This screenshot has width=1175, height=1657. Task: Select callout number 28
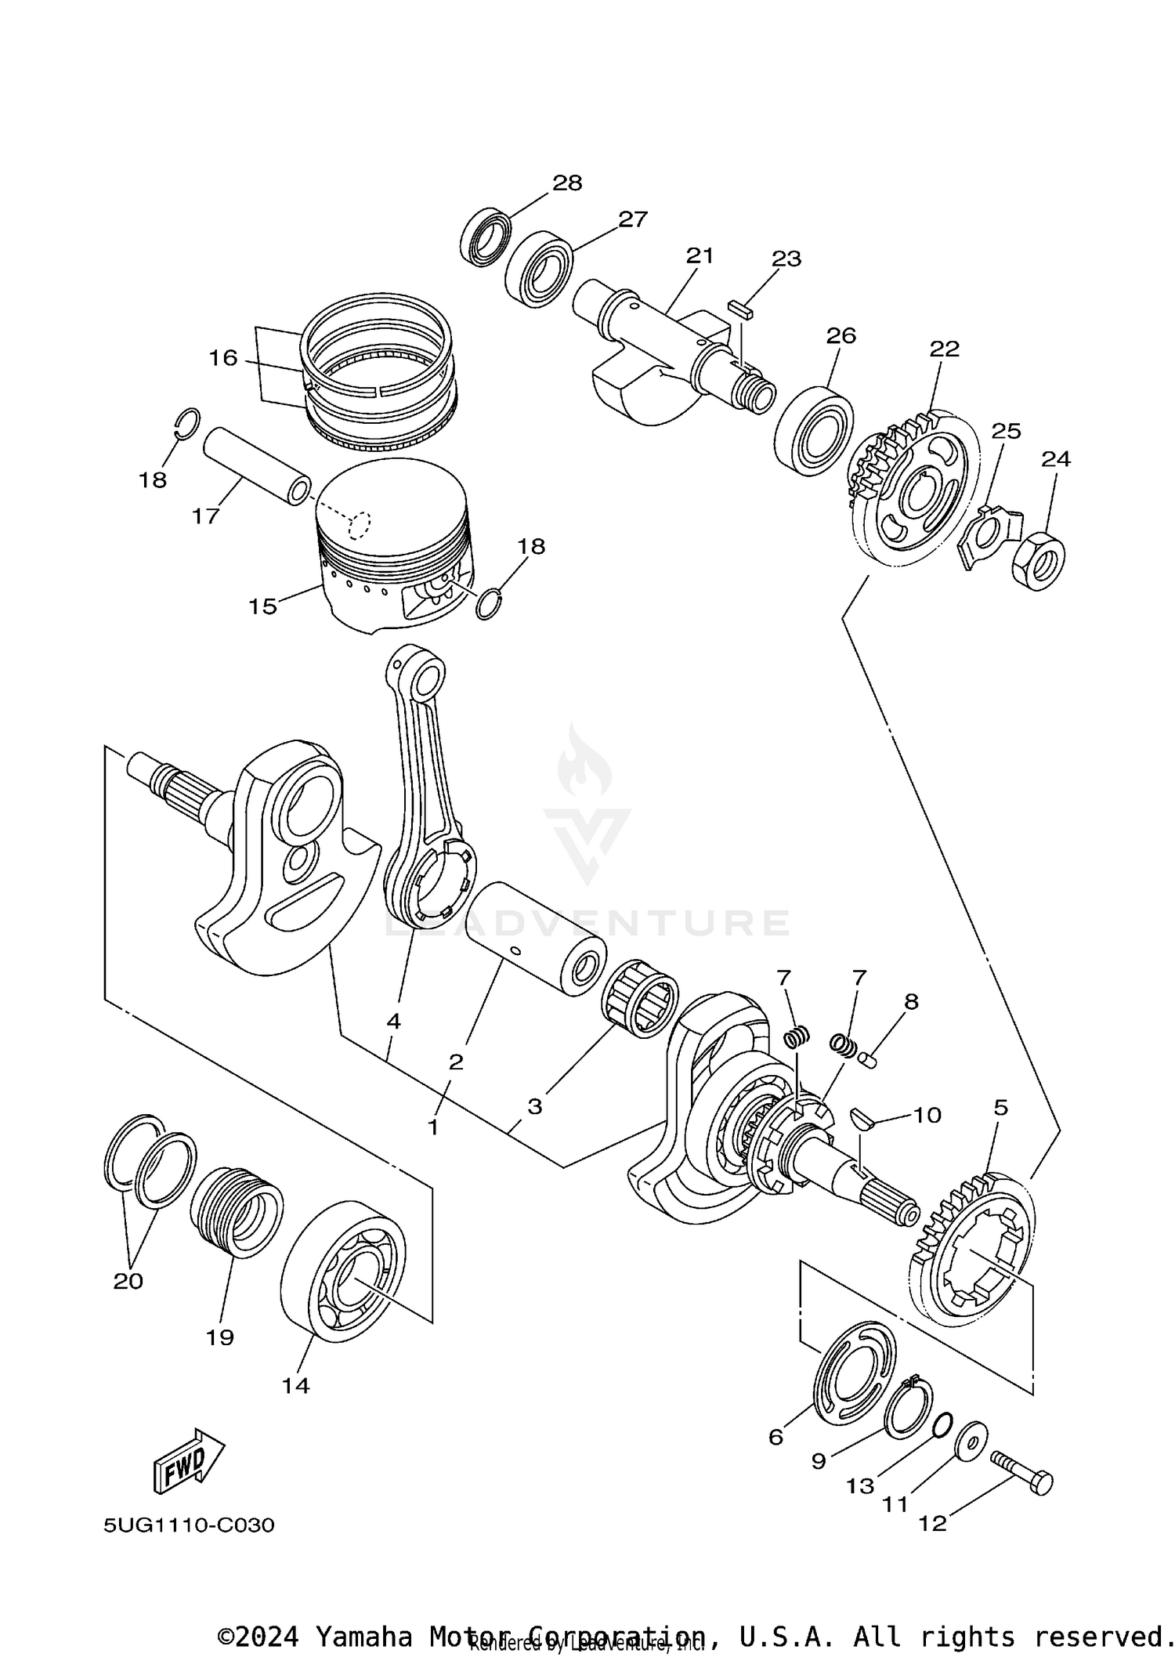point(567,183)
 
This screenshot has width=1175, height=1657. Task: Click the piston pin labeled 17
point(256,465)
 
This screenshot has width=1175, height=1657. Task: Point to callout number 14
point(296,1386)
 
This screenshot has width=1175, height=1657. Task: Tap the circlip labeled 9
point(909,1409)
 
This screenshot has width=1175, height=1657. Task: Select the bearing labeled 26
point(815,430)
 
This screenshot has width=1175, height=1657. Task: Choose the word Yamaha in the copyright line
point(363,1637)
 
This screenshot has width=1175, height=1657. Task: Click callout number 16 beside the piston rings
point(222,358)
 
